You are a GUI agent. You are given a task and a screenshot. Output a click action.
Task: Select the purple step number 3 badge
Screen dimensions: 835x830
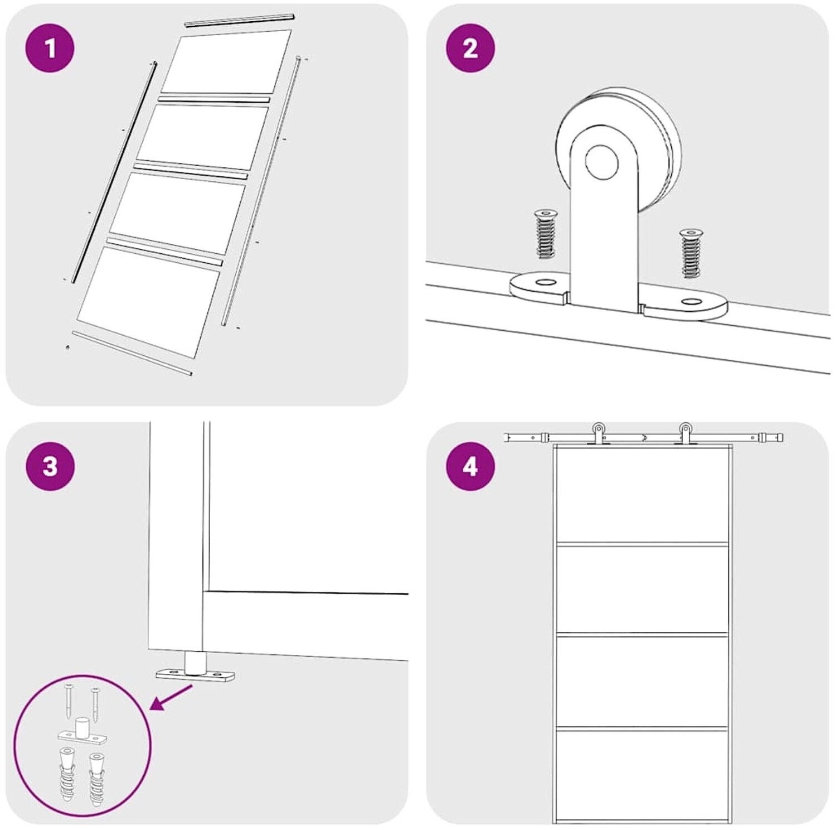tap(50, 466)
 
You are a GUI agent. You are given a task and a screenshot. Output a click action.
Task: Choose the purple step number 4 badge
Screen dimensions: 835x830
tap(470, 466)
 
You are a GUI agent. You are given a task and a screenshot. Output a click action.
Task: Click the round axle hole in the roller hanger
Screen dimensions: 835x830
tap(601, 162)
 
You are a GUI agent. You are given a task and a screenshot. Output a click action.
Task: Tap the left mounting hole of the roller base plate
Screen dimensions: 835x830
tap(541, 283)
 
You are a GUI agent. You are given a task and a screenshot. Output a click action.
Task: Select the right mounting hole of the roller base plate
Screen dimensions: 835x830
tap(692, 302)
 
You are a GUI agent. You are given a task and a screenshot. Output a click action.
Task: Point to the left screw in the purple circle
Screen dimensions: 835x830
tap(68, 702)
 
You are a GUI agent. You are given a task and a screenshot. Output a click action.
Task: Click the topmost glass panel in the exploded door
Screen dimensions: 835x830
tap(226, 61)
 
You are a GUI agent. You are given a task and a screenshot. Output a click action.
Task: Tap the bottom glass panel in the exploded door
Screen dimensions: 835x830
tap(148, 302)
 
